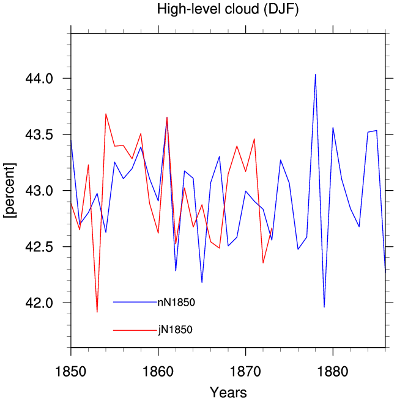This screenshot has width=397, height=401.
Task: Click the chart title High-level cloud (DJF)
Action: pyautogui.click(x=228, y=9)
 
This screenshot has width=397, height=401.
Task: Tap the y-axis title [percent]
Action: pyautogui.click(x=10, y=190)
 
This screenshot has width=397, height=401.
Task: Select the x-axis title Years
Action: pyautogui.click(x=228, y=392)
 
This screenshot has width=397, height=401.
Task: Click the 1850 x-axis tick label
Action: pyautogui.click(x=70, y=372)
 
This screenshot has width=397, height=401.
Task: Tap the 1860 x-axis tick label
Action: pyautogui.click(x=158, y=372)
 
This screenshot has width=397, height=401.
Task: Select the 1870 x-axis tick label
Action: pyautogui.click(x=245, y=372)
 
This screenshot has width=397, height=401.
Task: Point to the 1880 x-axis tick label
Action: pyautogui.click(x=333, y=372)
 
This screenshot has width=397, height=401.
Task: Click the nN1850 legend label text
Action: pyautogui.click(x=176, y=303)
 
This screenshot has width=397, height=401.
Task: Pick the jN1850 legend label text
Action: pyautogui.click(x=175, y=330)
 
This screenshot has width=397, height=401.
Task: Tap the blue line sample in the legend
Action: pyautogui.click(x=135, y=303)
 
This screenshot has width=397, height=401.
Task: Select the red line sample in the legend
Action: pyautogui.click(x=135, y=330)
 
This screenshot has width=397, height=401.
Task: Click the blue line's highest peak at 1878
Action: pyautogui.click(x=316, y=75)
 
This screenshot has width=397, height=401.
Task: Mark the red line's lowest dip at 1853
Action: pyautogui.click(x=97, y=312)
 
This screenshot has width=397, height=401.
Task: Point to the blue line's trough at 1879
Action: pyautogui.click(x=324, y=307)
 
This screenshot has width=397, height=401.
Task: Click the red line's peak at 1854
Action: pyautogui.click(x=106, y=114)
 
